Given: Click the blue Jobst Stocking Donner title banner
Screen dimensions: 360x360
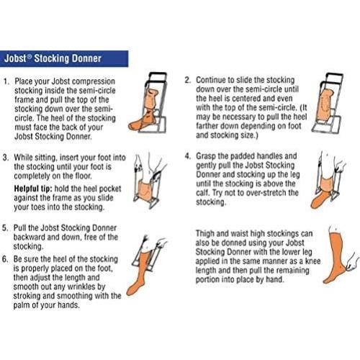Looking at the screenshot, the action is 64,58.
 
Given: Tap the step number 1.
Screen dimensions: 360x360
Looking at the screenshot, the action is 6,81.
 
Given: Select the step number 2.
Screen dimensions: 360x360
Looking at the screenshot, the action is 187,80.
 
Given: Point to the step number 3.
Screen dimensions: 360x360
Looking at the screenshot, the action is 6,158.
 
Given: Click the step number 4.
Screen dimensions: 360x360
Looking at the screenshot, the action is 188,156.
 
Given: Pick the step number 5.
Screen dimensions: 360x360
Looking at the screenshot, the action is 5,228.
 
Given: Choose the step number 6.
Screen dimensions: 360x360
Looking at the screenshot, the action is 5,259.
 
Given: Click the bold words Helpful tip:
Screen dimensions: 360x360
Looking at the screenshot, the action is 33,189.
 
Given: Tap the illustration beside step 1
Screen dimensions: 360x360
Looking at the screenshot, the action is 148,103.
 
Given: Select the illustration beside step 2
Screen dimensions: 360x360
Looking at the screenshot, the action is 327,103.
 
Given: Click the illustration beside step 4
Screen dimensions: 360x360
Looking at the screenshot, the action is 328,180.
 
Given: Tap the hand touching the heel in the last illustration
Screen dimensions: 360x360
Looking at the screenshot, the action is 352,261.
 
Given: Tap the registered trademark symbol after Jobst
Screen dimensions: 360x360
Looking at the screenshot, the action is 30,56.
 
